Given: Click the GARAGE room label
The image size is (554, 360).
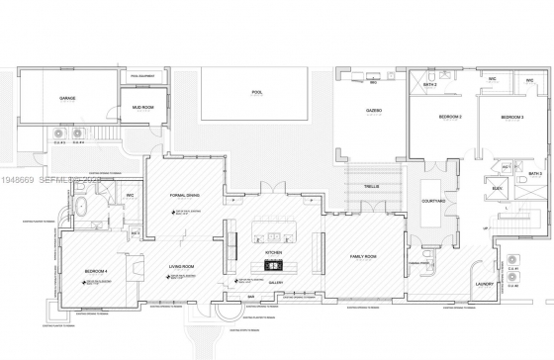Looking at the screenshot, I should point(67,98).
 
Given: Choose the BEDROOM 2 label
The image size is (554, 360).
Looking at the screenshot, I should point(451,117).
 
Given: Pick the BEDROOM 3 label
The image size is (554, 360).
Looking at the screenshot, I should point(510,117).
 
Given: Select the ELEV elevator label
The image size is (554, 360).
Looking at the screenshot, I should point(498,185).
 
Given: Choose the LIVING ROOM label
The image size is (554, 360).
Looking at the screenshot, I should point(179,266).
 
